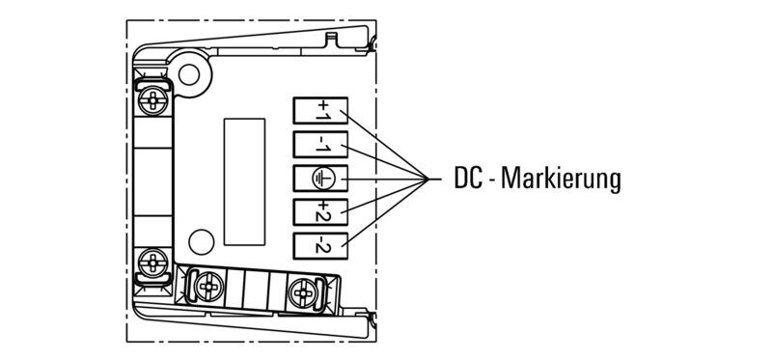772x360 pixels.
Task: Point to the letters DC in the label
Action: (466, 180)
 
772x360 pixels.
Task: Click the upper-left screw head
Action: (152, 97)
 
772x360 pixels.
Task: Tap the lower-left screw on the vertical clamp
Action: (152, 261)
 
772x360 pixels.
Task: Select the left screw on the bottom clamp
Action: (207, 287)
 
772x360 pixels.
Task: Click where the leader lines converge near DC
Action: (428, 179)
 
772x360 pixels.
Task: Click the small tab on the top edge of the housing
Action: (333, 38)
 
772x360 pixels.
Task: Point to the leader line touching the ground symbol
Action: (381, 180)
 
